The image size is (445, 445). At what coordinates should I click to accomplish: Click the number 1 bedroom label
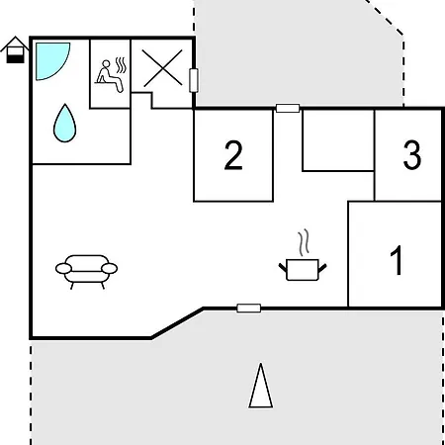[x=397, y=260]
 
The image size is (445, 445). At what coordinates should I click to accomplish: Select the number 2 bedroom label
[x=233, y=155]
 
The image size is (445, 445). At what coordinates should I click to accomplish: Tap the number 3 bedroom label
[x=412, y=154]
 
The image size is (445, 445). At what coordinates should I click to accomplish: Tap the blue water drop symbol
[x=65, y=123]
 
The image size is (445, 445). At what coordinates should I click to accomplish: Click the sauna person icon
[x=111, y=75]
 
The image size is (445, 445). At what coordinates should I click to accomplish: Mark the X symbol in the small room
[x=162, y=68]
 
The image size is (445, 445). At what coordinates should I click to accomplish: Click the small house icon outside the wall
[x=15, y=49]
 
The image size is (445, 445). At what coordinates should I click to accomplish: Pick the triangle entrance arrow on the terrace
[x=261, y=386]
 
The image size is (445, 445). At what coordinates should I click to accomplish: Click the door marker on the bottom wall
[x=249, y=309]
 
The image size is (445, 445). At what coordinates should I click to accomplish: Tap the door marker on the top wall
[x=288, y=108]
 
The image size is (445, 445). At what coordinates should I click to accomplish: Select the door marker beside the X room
[x=194, y=80]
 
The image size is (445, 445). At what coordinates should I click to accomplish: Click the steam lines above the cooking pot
[x=305, y=242]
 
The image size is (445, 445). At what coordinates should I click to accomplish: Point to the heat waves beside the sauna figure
[x=121, y=65]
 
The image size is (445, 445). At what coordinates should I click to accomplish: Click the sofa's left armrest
[x=63, y=269]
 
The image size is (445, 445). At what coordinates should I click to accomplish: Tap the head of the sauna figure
[x=106, y=63]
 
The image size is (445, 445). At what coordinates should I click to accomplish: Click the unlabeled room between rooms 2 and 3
[x=338, y=140]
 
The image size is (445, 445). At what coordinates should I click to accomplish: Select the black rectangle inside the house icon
[x=15, y=59]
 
